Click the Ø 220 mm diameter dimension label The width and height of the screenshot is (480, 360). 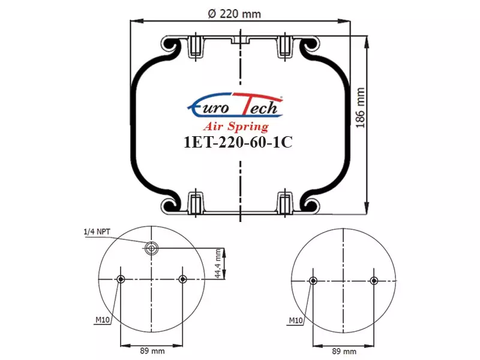click(x=234, y=14)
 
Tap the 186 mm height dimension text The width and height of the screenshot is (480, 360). click(x=361, y=108)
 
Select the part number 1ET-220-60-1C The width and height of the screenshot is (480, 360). click(x=238, y=142)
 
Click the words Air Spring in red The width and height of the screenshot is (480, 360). click(x=236, y=126)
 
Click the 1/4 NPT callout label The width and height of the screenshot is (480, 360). click(x=97, y=232)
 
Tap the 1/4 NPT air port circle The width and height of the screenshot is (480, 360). click(x=151, y=248)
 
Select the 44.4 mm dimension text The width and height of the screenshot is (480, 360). click(x=218, y=263)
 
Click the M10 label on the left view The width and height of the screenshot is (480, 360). click(x=103, y=320)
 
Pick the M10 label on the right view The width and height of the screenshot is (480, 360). click(x=296, y=320)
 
